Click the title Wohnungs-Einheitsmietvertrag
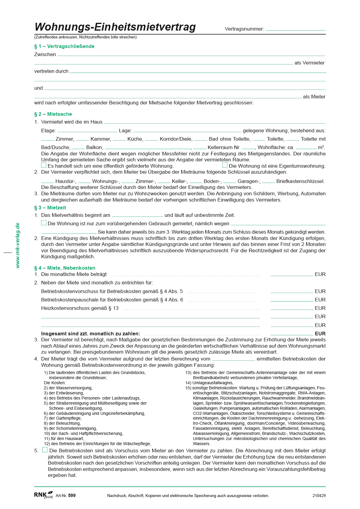(x=115, y=27)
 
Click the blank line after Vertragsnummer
(x=295, y=29)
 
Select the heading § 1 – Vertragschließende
(x=64, y=46)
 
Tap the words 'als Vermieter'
(x=309, y=63)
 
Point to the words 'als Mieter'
(x=314, y=97)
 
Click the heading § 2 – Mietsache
(x=53, y=114)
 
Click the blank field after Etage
(x=87, y=130)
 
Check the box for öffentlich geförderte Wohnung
(x=44, y=165)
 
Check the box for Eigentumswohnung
(x=225, y=165)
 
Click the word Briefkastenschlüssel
(x=300, y=181)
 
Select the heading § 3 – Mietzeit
(x=50, y=208)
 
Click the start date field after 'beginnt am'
(x=137, y=215)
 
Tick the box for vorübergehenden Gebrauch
(x=44, y=223)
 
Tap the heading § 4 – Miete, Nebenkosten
(x=65, y=268)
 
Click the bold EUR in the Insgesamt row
(x=320, y=334)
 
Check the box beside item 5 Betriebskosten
(x=45, y=450)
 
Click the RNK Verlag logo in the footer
(x=43, y=495)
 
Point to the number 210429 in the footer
(x=319, y=496)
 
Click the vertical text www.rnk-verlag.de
(x=18, y=245)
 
